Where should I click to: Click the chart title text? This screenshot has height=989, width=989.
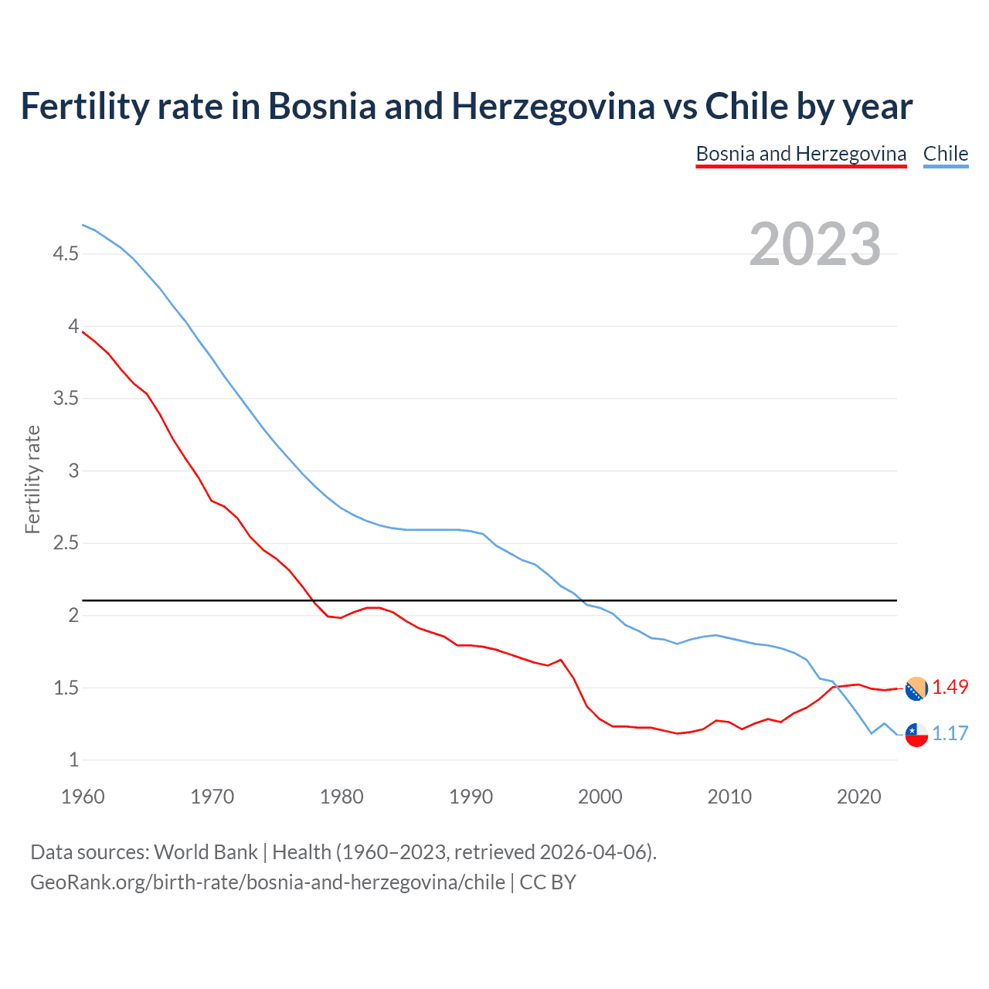(x=466, y=107)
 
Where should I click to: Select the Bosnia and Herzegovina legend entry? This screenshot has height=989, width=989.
(x=800, y=154)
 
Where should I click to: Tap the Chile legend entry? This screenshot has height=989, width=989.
(x=945, y=154)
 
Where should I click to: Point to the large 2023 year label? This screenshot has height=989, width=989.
(x=814, y=244)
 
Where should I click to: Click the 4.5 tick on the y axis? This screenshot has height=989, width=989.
(x=66, y=254)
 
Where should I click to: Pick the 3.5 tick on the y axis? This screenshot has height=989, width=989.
(x=66, y=399)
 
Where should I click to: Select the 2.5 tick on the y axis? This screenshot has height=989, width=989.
(x=66, y=543)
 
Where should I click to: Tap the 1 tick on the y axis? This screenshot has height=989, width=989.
(x=73, y=760)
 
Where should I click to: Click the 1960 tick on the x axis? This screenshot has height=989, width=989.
(x=83, y=797)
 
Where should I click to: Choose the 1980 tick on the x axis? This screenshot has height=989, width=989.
(x=342, y=797)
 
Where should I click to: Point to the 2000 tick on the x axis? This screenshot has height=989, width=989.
(x=600, y=797)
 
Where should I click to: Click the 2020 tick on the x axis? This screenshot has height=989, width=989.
(x=858, y=797)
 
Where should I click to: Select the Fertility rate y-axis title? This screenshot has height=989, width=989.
(x=32, y=479)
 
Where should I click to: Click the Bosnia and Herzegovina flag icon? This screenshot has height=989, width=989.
(x=916, y=688)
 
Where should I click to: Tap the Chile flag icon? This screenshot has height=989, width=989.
(x=916, y=735)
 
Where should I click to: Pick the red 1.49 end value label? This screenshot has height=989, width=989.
(x=950, y=688)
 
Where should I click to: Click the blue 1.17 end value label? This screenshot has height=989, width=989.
(x=950, y=734)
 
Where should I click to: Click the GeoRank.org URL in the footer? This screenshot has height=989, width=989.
(x=267, y=882)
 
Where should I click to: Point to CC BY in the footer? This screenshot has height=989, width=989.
(x=548, y=882)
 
